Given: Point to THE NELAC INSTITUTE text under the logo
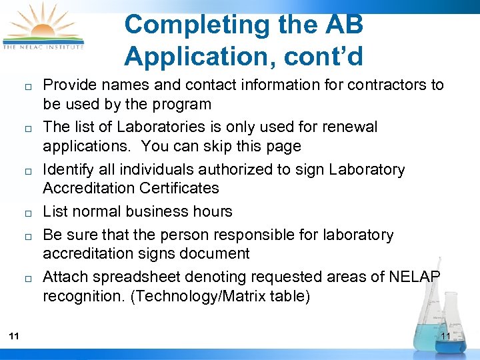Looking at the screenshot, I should click(x=44, y=47).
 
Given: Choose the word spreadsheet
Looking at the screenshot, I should click(x=126, y=277).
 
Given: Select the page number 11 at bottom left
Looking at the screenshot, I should click(x=14, y=336).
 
